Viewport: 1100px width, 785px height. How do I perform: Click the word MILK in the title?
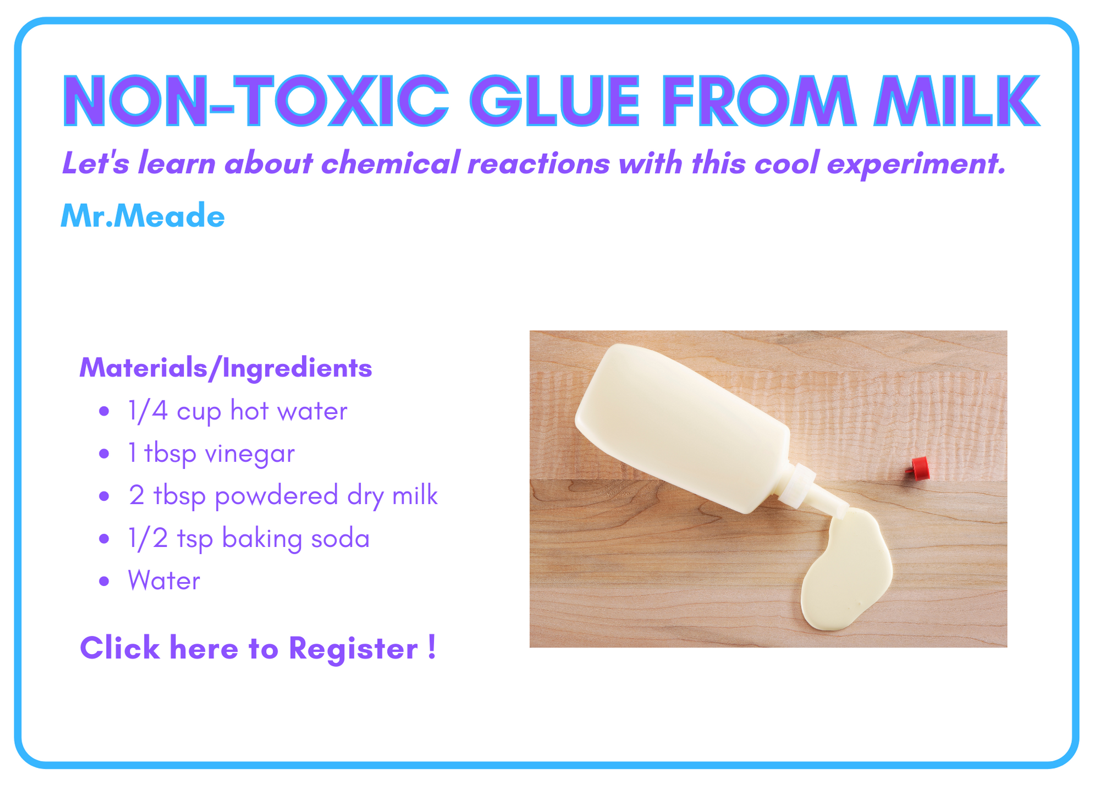coord(956,101)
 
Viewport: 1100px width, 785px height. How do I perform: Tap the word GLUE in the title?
coord(555,101)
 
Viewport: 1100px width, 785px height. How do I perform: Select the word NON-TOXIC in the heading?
coord(256,101)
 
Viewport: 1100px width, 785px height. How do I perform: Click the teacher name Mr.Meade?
coord(143,215)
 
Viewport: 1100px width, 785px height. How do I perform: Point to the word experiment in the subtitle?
coord(917,164)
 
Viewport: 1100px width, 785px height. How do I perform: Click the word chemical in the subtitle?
coord(390,163)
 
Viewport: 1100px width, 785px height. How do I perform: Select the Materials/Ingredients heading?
coord(226,368)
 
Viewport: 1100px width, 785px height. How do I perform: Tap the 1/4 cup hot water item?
coord(238,411)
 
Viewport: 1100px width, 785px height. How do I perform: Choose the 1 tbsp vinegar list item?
coord(211,454)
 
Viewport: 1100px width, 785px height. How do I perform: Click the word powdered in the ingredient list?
coord(277,496)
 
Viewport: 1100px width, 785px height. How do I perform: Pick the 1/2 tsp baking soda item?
coord(249,538)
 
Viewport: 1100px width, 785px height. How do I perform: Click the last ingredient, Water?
coord(164,581)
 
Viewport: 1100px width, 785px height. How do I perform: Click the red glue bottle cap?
coord(919,468)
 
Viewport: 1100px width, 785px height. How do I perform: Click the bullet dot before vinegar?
coord(104,454)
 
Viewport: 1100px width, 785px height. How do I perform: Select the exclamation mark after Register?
coord(432,646)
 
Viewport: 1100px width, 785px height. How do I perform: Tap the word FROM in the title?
coord(758,101)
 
